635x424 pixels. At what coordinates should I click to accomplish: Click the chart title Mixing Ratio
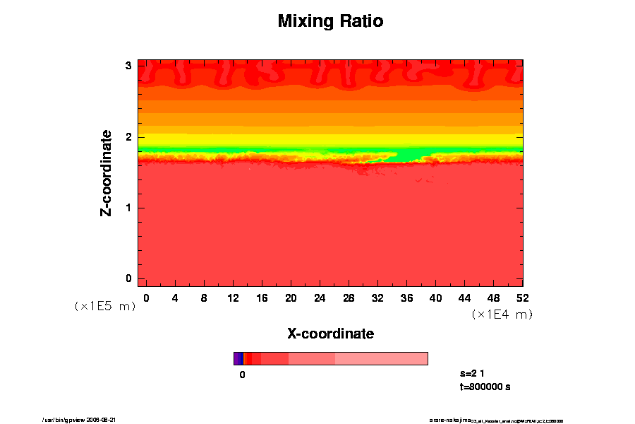pos(330,21)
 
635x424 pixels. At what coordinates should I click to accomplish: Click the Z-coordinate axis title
pos(107,173)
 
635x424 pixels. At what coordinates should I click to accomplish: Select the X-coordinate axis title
pos(330,333)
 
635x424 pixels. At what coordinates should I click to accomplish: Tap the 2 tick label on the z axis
pos(129,136)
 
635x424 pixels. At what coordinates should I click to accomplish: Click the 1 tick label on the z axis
pos(129,208)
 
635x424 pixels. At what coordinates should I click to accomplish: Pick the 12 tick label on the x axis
pos(233,298)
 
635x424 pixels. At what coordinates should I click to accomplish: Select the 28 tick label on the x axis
pos(349,298)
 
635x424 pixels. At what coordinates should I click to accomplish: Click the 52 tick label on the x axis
pos(522,298)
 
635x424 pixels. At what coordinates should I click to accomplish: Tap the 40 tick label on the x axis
pos(435,298)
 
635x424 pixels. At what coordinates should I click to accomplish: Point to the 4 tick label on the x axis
pos(175,298)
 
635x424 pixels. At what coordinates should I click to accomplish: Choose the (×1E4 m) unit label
pos(502,314)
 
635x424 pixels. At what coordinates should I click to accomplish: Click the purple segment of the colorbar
pos(238,358)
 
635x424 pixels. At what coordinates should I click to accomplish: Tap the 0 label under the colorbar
pos(242,375)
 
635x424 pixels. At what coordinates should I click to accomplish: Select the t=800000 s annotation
pos(485,387)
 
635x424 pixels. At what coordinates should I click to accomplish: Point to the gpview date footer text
pos(84,420)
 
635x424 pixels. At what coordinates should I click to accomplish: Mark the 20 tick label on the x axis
pos(291,298)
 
